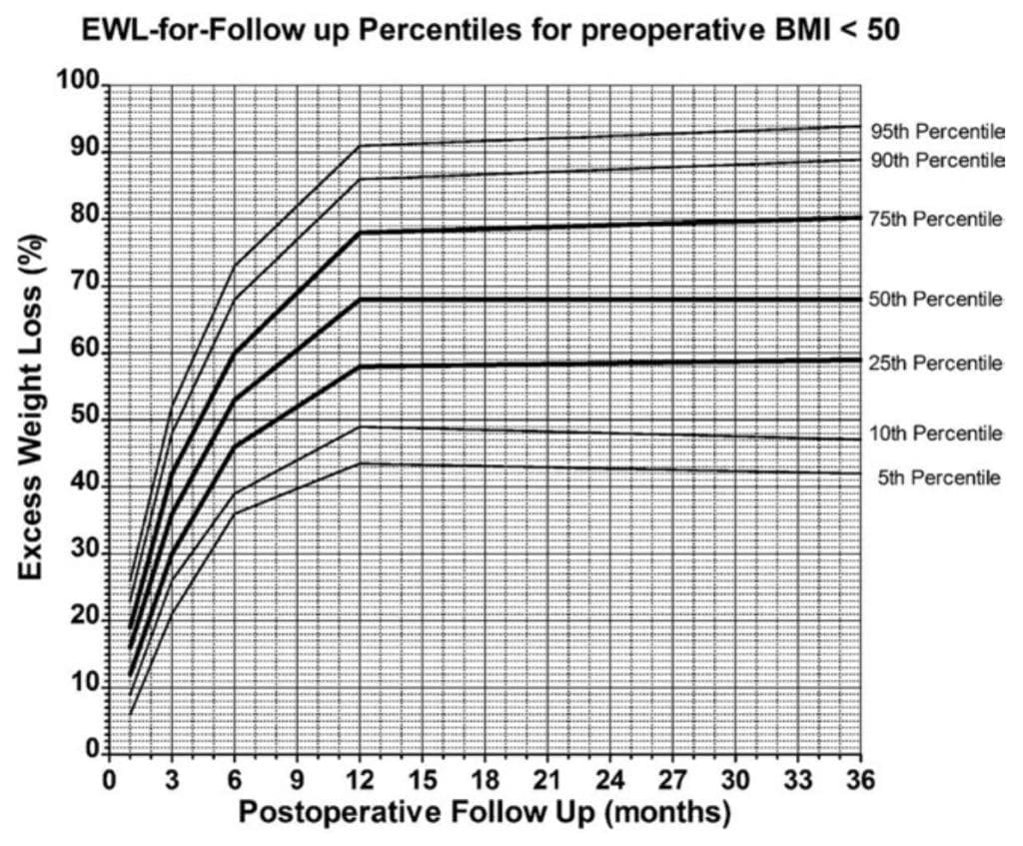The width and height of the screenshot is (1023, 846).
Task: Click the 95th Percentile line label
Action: pyautogui.click(x=936, y=131)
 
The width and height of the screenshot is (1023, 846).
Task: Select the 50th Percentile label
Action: pyautogui.click(x=936, y=299)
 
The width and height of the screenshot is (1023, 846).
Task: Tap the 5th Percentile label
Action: pyautogui.click(x=939, y=477)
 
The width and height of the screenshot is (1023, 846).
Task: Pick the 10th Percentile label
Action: pyautogui.click(x=936, y=432)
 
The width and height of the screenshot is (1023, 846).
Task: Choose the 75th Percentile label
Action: pyautogui.click(x=936, y=219)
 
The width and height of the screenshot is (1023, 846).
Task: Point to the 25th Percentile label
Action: pyautogui.click(x=936, y=364)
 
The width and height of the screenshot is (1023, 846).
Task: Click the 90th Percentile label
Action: pyautogui.click(x=936, y=160)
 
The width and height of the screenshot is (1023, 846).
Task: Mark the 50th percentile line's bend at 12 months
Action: pyautogui.click(x=360, y=299)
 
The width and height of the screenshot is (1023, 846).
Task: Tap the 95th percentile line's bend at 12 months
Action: pyautogui.click(x=360, y=146)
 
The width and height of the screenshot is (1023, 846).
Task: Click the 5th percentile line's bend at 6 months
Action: pyautogui.click(x=235, y=513)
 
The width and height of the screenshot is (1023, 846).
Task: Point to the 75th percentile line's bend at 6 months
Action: pyautogui.click(x=235, y=353)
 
